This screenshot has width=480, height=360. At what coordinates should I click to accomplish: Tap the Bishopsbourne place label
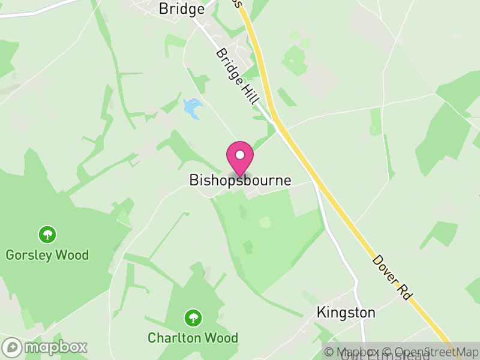point(240,180)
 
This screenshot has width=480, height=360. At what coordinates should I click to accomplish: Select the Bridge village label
point(181,9)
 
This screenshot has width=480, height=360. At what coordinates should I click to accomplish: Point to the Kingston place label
point(346,313)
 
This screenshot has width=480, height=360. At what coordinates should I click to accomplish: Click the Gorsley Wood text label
point(47,255)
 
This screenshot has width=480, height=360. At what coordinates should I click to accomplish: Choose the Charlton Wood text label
point(193,338)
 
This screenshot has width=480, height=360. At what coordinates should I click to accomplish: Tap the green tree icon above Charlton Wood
point(193,317)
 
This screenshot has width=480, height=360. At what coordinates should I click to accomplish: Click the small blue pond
point(192,108)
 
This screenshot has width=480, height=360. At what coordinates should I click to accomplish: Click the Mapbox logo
point(45,347)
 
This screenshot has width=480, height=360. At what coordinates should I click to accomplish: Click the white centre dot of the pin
point(240,155)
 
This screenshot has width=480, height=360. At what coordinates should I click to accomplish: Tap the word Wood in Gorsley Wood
point(72,255)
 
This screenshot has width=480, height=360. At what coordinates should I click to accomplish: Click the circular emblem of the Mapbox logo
point(12,347)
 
